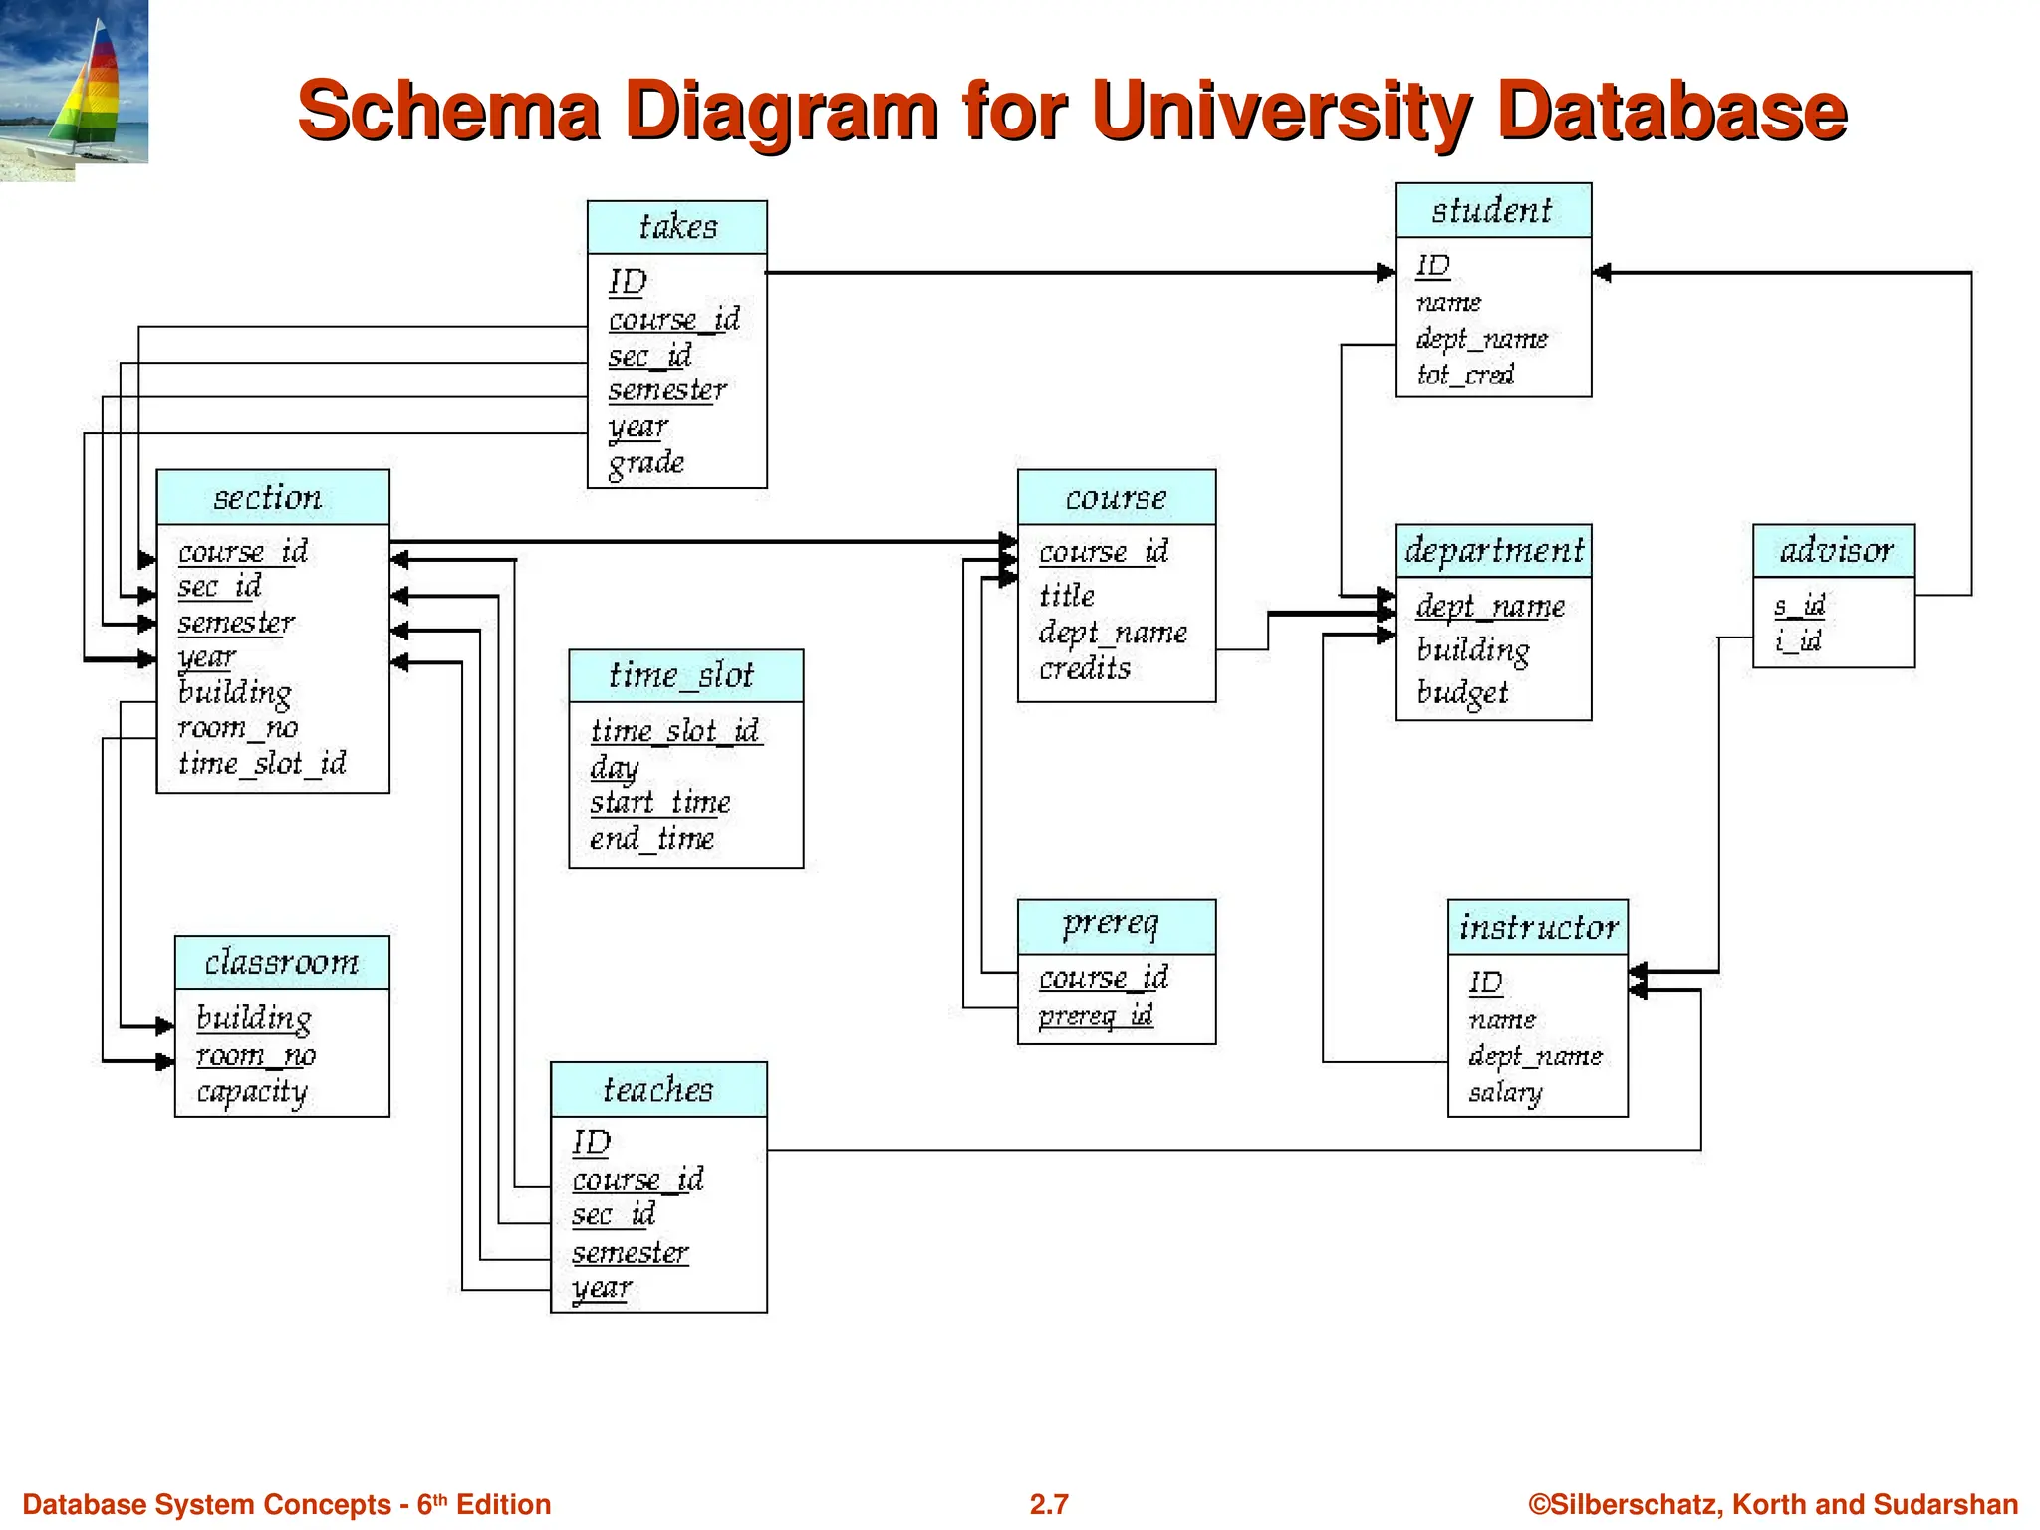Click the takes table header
pyautogui.click(x=677, y=227)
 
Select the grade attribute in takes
pyautogui.click(x=646, y=463)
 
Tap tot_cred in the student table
pyautogui.click(x=1465, y=375)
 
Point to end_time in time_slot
pyautogui.click(x=651, y=839)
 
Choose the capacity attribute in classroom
pyautogui.click(x=252, y=1092)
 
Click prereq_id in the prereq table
pyautogui.click(x=1096, y=1015)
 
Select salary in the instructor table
pyautogui.click(x=1505, y=1092)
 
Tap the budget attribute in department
pyautogui.click(x=1462, y=692)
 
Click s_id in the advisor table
pyautogui.click(x=1799, y=605)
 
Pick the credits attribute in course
pyautogui.click(x=1085, y=668)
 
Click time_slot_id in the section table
pyautogui.click(x=262, y=764)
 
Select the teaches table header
pyautogui.click(x=658, y=1090)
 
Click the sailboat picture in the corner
pyautogui.click(x=74, y=84)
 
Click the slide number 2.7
pyautogui.click(x=1049, y=1504)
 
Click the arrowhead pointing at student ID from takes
pyautogui.click(x=1386, y=272)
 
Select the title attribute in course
pyautogui.click(x=1067, y=596)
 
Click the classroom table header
pyautogui.click(x=282, y=963)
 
